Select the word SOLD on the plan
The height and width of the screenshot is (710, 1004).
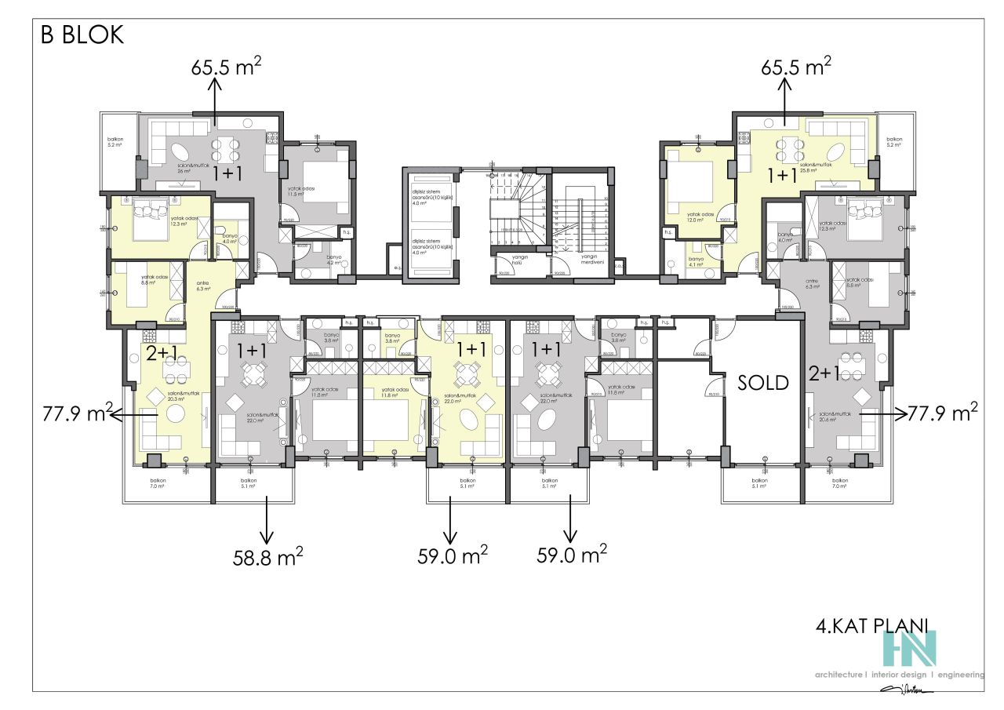tap(763, 383)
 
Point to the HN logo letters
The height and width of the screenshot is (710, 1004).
tap(909, 648)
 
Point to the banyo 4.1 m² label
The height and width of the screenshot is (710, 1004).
tap(694, 260)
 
